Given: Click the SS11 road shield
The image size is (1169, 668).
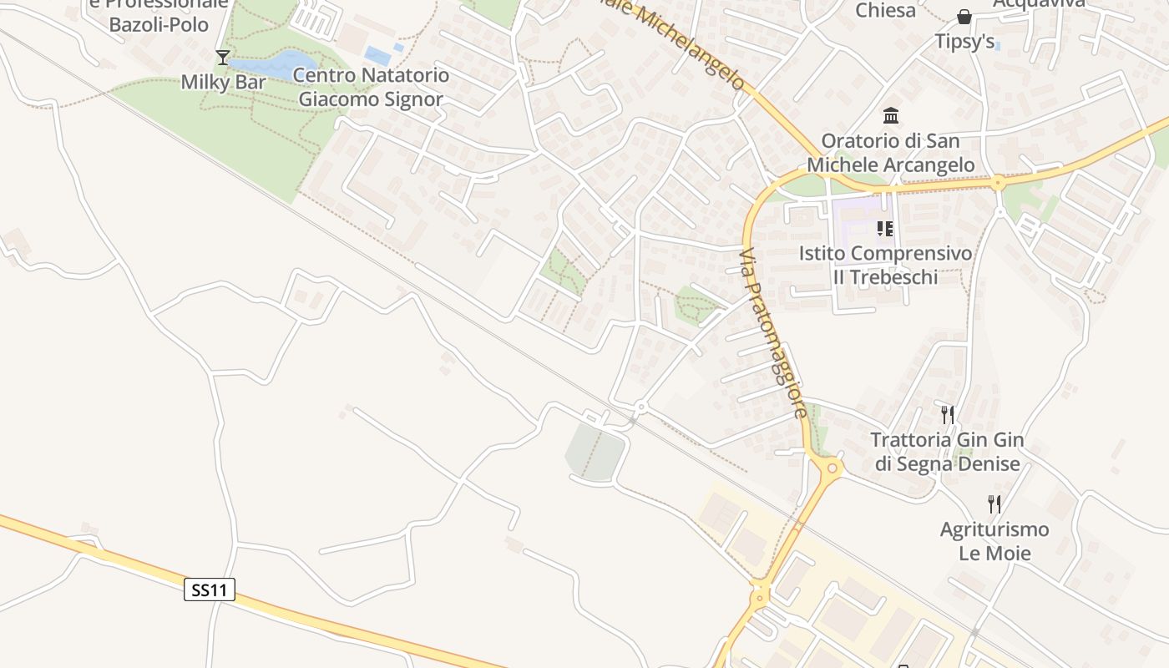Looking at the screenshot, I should click(209, 590).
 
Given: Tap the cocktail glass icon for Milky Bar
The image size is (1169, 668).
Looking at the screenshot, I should click(222, 58).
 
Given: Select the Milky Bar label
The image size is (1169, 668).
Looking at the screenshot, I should click(223, 82).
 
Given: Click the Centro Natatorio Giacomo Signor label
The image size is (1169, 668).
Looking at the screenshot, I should click(371, 87).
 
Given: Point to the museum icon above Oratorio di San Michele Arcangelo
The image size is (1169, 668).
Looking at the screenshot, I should click(890, 115).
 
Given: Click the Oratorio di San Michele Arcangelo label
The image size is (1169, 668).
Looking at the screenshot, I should click(890, 153).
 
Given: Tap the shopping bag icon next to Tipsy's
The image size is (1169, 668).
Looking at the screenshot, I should click(964, 17).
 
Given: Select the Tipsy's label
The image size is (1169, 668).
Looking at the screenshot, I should click(964, 41).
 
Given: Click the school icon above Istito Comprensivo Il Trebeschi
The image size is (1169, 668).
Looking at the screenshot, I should click(885, 228).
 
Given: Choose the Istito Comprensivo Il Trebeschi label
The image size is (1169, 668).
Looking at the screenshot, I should click(885, 265).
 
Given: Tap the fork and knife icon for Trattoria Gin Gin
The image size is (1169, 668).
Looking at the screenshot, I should click(947, 414).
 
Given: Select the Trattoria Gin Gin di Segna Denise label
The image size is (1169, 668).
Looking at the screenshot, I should click(947, 452).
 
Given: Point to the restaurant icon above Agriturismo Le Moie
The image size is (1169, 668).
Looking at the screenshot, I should click(994, 504).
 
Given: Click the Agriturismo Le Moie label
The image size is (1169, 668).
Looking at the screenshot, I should click(994, 541).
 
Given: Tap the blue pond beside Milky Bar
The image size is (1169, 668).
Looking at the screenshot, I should click(276, 63).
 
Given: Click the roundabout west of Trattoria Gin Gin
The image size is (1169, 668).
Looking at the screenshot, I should click(831, 468).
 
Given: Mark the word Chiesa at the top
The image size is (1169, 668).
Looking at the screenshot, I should click(885, 10).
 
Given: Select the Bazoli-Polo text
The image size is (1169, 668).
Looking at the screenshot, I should click(159, 24).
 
